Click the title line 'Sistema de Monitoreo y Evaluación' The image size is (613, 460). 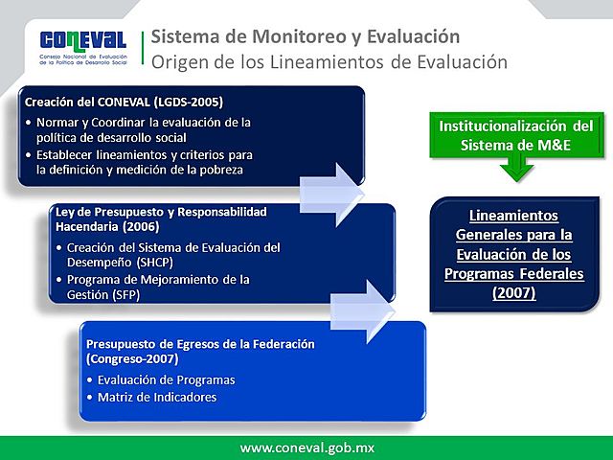coord(306,37)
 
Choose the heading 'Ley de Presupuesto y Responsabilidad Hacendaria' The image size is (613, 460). coord(160,218)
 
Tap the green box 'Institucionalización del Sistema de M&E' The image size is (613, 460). coord(515,135)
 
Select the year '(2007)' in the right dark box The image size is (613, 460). coord(514,292)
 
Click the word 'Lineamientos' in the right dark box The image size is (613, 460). coord(514,215)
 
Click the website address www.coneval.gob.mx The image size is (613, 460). coord(306,448)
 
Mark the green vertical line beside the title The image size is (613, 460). coord(144,50)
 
